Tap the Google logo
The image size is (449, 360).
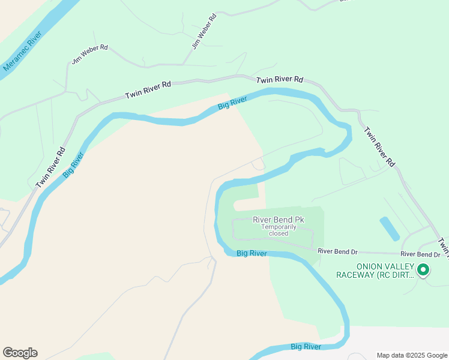[20, 353]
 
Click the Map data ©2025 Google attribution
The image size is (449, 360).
[412, 355]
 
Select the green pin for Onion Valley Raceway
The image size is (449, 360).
[423, 271]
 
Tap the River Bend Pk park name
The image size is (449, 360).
[279, 220]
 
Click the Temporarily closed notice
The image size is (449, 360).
[279, 230]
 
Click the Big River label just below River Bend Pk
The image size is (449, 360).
[252, 254]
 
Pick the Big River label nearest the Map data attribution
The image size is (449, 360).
[306, 347]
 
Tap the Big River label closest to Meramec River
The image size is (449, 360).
[73, 163]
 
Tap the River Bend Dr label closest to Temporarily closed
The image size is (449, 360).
[337, 251]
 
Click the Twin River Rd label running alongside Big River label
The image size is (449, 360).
[50, 168]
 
